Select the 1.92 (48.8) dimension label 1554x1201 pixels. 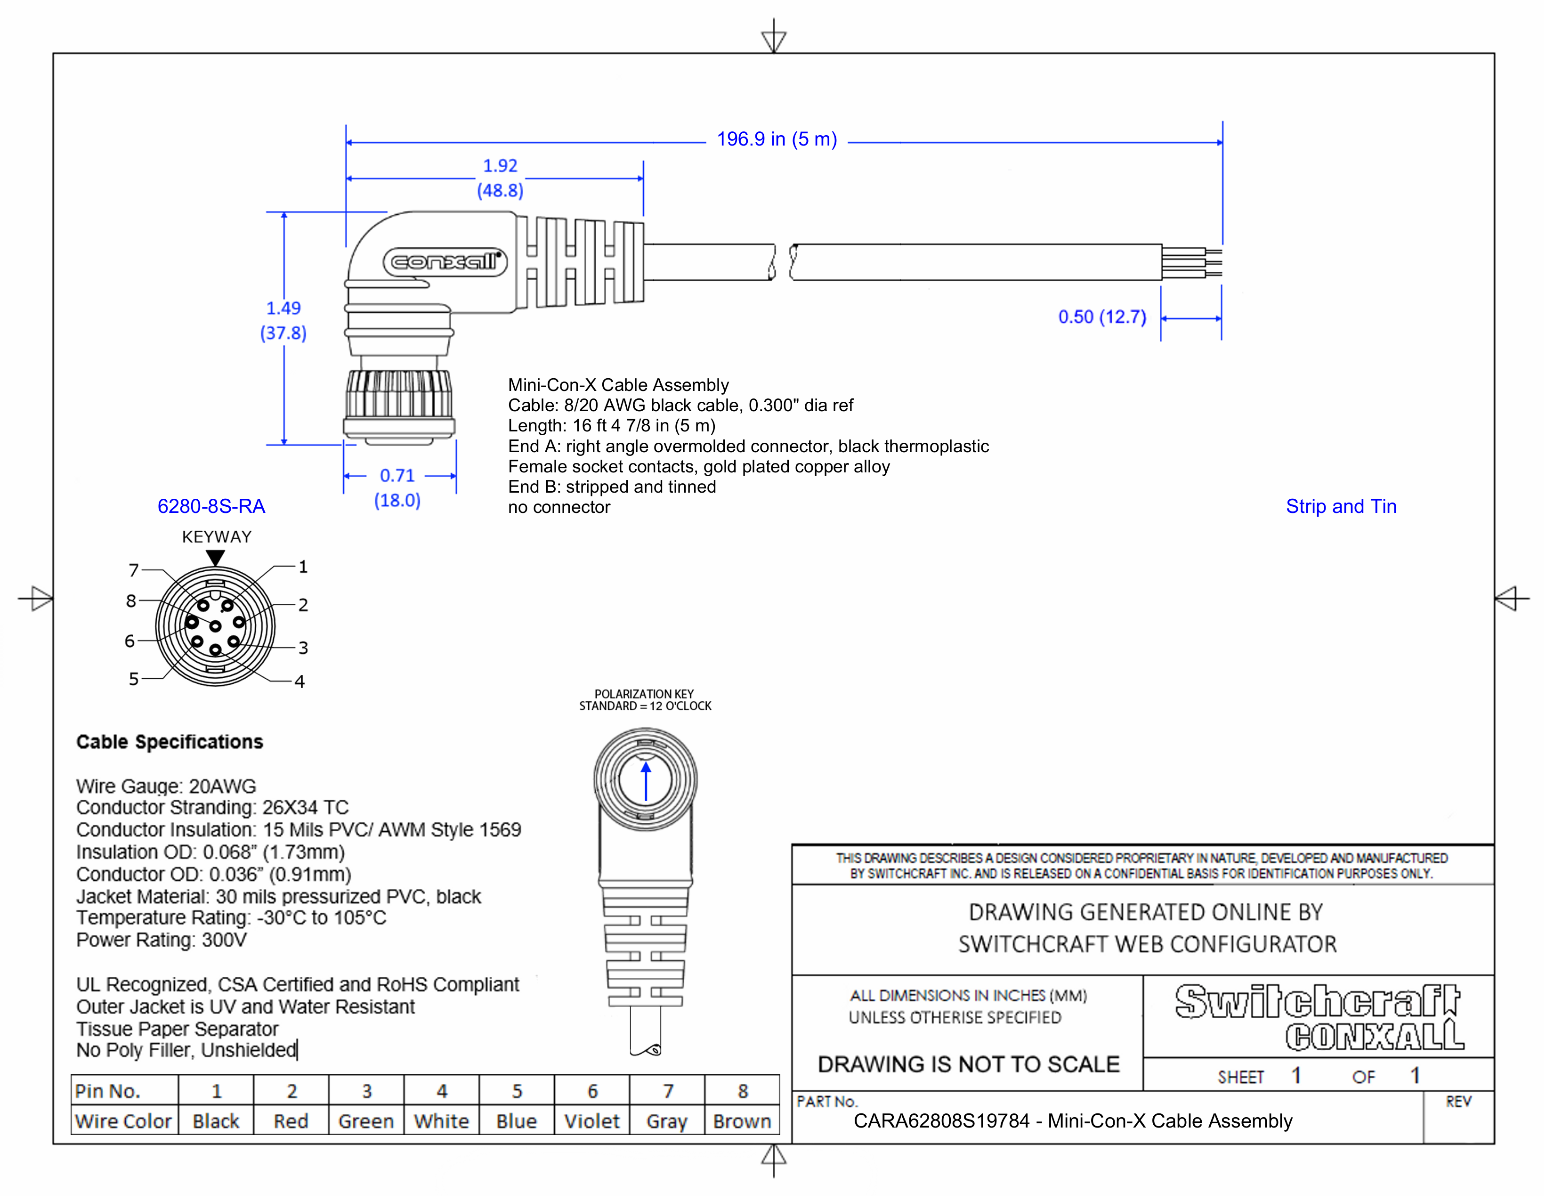tap(500, 178)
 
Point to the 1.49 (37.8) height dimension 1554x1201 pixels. tap(283, 320)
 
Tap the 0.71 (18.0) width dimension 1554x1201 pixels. tap(397, 487)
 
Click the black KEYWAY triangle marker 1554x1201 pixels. tap(216, 558)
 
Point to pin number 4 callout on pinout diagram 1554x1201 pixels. tap(299, 682)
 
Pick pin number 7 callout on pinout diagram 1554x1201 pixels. tap(134, 570)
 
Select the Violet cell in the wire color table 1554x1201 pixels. tap(591, 1121)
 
